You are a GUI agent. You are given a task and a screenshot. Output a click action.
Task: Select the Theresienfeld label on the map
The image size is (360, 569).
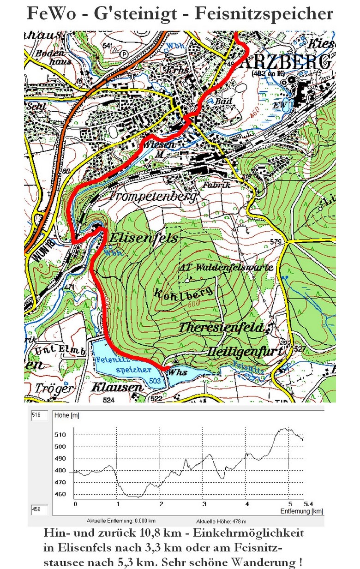pyautogui.click(x=221, y=328)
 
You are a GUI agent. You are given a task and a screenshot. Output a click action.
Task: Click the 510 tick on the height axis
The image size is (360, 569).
pyautogui.click(x=61, y=434)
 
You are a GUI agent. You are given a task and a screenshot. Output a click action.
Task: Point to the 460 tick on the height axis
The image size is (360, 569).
pyautogui.click(x=61, y=494)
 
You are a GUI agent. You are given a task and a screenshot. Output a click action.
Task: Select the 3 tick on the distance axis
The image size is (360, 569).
pyautogui.click(x=204, y=504)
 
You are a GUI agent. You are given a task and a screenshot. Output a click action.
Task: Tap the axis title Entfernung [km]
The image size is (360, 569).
pyautogui.click(x=301, y=511)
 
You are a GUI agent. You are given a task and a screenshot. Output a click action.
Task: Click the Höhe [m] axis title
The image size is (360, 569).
pyautogui.click(x=67, y=415)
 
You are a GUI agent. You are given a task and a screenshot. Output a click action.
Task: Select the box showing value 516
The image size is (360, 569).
pyautogui.click(x=40, y=415)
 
